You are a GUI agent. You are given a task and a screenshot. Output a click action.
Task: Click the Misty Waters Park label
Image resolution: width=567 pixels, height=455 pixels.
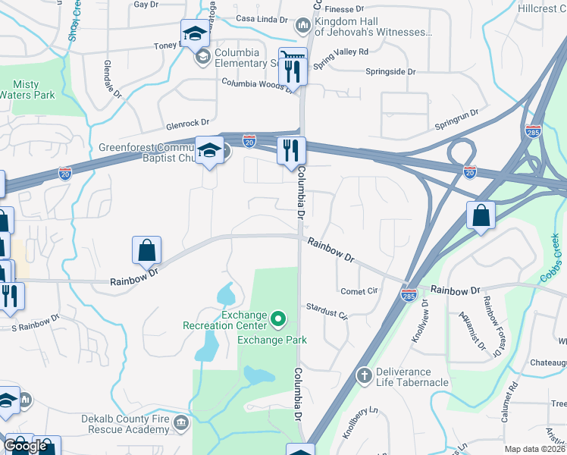point(33,89)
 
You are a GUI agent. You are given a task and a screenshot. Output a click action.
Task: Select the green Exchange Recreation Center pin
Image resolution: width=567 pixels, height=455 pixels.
point(277,320)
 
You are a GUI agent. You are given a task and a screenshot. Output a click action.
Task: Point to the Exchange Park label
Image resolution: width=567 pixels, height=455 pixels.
point(272,340)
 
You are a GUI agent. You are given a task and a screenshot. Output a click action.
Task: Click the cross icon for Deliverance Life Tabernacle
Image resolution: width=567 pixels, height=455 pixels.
point(365,375)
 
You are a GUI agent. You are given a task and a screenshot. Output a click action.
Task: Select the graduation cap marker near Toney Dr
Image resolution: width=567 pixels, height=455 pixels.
point(194,34)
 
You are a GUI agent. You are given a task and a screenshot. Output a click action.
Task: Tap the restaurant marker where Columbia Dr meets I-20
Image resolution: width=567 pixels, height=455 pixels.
point(291,150)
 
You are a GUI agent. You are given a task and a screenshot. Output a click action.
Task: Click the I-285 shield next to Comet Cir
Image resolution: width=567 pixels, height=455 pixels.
point(409,293)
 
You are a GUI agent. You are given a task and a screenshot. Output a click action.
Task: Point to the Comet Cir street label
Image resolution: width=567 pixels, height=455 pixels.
point(359,291)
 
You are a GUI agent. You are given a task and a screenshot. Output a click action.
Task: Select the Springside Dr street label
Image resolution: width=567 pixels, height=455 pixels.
point(391,71)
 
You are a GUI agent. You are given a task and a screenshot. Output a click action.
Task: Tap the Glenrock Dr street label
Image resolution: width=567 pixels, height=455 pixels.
point(188,123)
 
